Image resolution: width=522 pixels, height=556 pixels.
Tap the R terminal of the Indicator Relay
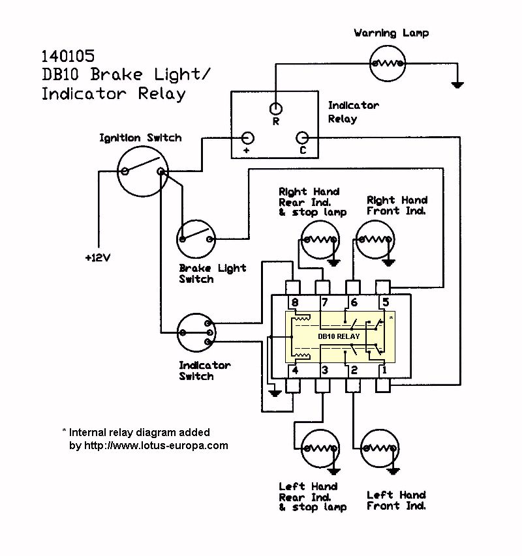[276, 108]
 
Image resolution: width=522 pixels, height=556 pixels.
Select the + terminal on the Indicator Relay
[248, 138]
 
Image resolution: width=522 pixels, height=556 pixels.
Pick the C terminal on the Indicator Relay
[302, 138]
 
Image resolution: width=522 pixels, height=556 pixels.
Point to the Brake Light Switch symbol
[196, 239]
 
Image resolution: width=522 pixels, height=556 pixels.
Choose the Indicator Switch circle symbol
[194, 332]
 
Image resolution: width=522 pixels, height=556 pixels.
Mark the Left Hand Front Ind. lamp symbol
[376, 448]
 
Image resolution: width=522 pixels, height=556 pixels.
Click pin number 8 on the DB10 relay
[295, 302]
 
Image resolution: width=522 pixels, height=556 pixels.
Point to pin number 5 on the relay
[386, 302]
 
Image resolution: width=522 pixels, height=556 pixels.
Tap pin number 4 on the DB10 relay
[295, 371]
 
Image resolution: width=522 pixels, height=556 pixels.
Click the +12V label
[98, 257]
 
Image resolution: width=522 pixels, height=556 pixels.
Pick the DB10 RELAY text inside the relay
[339, 336]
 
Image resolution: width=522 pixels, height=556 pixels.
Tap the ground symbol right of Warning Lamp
[459, 83]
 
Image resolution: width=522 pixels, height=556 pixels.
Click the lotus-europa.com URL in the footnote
[155, 446]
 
